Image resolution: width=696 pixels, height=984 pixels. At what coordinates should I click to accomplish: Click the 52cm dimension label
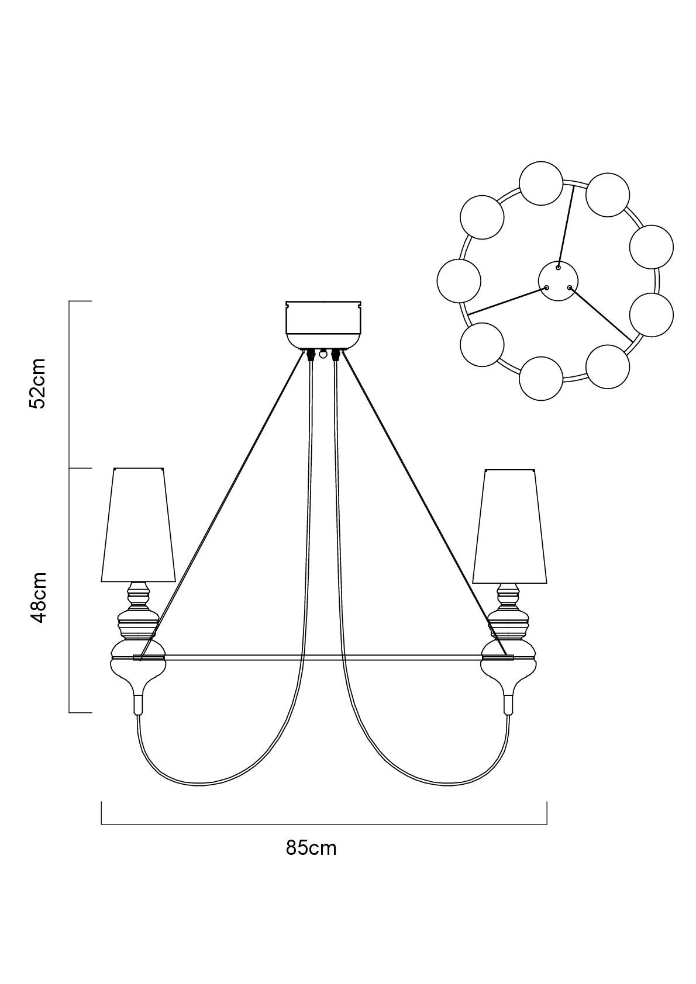(36, 383)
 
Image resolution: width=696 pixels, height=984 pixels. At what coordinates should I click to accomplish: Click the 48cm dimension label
(36, 597)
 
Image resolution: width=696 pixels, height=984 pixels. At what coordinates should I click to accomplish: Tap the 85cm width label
(311, 848)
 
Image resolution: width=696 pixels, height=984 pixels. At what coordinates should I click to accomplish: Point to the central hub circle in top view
(559, 280)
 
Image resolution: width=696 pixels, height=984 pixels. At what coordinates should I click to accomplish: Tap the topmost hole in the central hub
(558, 268)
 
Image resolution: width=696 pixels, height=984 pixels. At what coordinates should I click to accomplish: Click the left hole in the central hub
(547, 287)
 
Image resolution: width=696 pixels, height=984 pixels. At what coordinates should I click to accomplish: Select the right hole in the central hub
(569, 287)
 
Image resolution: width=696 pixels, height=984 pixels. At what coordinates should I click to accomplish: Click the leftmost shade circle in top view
(459, 280)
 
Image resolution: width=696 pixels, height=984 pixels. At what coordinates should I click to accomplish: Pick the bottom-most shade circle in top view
(541, 379)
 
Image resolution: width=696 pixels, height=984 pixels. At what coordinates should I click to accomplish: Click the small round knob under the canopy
(323, 352)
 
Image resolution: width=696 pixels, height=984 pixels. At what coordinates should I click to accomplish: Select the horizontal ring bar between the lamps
(323, 657)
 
